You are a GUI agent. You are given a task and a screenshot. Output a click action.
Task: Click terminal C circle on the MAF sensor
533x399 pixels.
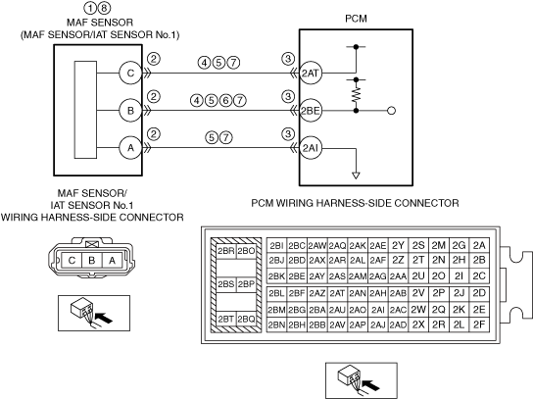(x=130, y=74)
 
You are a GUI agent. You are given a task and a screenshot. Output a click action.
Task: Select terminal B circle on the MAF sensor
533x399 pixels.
(x=130, y=111)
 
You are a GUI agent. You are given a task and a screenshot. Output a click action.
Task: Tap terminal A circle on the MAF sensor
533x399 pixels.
(x=130, y=148)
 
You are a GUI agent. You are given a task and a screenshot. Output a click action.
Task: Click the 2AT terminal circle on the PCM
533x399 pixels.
(x=311, y=74)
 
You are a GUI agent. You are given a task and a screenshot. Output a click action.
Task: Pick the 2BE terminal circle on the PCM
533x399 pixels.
(x=311, y=111)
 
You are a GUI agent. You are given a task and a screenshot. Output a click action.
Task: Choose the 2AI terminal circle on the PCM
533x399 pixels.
(x=311, y=148)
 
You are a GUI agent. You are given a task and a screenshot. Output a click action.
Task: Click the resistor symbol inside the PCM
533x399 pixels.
(x=356, y=94)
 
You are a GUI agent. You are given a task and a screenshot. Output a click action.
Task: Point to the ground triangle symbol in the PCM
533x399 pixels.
(x=356, y=175)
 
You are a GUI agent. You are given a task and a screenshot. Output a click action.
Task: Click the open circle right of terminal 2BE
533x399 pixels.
(x=392, y=111)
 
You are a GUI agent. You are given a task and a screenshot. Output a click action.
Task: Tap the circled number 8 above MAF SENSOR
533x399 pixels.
(x=105, y=7)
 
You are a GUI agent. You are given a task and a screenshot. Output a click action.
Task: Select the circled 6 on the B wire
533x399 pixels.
(x=225, y=100)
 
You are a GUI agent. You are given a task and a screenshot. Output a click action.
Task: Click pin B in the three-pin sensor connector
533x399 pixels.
(x=92, y=261)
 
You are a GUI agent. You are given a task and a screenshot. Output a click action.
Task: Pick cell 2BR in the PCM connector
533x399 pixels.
(x=226, y=251)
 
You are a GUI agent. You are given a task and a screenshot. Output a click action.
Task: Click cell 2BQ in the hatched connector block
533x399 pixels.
(x=246, y=319)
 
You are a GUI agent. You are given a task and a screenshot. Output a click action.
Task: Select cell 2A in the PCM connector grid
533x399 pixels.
(x=479, y=245)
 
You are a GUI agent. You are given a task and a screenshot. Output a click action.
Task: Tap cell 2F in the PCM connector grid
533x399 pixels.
(x=479, y=324)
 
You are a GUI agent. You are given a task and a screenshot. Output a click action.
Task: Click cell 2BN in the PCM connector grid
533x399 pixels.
(x=276, y=324)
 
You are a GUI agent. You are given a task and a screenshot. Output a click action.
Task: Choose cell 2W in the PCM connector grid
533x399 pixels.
(x=418, y=310)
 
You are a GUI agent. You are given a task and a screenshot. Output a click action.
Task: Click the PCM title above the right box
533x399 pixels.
(x=356, y=19)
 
